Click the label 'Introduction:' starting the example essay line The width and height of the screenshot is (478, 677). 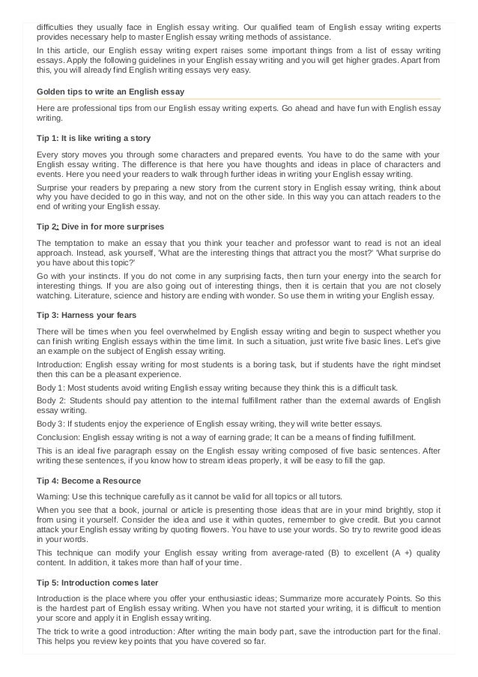[x=62, y=364]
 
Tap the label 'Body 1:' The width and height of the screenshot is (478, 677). [x=52, y=388]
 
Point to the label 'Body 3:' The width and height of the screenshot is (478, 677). [x=52, y=423]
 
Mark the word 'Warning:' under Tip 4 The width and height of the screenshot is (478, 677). [x=55, y=496]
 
